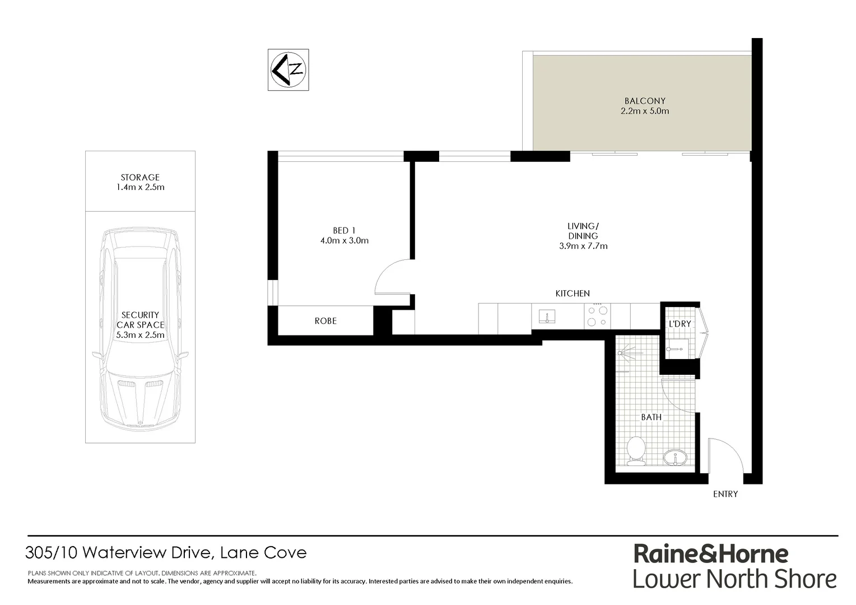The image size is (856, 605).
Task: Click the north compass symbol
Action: [x=288, y=70]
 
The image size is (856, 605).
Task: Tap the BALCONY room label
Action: [x=645, y=101]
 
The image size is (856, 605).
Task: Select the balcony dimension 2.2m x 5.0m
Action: [x=645, y=111]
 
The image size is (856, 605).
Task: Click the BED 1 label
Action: [x=344, y=230]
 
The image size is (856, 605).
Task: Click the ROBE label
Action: [x=325, y=321]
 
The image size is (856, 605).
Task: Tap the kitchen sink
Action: [x=546, y=317]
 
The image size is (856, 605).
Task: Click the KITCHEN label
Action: [x=573, y=294]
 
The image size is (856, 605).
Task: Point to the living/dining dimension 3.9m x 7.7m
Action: [x=583, y=246]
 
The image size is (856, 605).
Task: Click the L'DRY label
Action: [x=680, y=324]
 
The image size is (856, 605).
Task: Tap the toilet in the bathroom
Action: [x=636, y=451]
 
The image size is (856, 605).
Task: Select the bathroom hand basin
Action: [x=676, y=458]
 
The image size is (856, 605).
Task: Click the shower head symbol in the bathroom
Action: [x=626, y=352]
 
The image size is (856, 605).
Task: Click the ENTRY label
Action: [x=725, y=494]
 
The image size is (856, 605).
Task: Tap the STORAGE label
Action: [x=140, y=178]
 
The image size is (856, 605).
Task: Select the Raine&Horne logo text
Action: [x=711, y=553]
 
